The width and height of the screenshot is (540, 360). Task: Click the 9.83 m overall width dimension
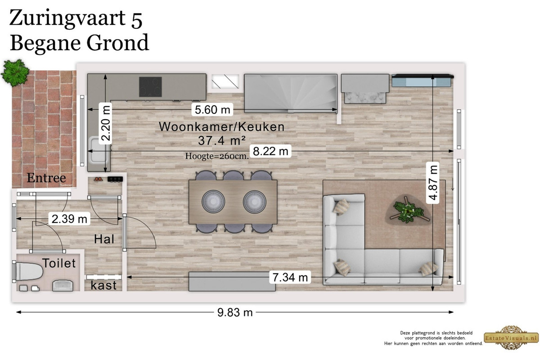[x=235, y=312]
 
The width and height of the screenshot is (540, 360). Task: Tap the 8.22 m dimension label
[x=270, y=151]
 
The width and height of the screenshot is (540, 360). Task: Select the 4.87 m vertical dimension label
[x=433, y=183]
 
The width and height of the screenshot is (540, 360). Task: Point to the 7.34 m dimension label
[x=290, y=277]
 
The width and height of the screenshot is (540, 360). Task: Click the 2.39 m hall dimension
[x=69, y=219]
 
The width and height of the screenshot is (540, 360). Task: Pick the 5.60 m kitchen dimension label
[x=212, y=110]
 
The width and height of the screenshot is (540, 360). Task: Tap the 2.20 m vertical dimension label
[x=106, y=123]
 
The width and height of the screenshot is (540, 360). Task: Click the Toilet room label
[x=59, y=263]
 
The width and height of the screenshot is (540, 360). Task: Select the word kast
[x=103, y=285]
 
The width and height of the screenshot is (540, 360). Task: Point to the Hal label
[x=104, y=239]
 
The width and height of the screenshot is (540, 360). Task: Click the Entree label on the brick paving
[x=46, y=178]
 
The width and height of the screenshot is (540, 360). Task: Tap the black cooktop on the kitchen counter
[x=150, y=87]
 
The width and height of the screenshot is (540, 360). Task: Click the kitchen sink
[x=99, y=149]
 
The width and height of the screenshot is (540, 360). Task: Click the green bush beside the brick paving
[x=15, y=73]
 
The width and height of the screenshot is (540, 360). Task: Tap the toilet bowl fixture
[x=28, y=271]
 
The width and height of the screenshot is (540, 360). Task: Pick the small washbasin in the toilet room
[x=63, y=285]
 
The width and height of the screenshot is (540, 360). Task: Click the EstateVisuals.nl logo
[x=511, y=337]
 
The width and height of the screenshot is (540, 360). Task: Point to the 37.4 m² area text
[x=222, y=140]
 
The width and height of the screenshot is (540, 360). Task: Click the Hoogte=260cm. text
[x=217, y=156]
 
